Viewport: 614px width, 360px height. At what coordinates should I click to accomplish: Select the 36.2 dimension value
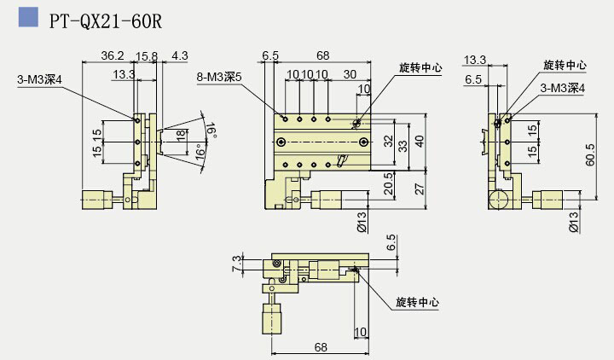point(113,55)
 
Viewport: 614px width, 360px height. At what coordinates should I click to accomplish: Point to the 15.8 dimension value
point(146,55)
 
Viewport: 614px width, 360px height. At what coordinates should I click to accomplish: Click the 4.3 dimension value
point(179,55)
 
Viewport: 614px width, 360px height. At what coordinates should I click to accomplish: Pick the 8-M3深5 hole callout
point(219,76)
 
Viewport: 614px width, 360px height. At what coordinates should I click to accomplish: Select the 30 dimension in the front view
point(350,74)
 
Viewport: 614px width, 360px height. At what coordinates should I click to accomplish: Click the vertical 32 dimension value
point(389,140)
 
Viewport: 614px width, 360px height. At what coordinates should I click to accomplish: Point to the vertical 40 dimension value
point(418,141)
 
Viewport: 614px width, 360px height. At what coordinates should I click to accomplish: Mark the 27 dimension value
point(418,189)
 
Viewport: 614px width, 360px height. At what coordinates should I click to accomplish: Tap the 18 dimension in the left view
point(180,135)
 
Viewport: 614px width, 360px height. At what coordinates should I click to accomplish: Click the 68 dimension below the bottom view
point(320,347)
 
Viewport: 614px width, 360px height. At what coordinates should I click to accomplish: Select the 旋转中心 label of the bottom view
point(418,301)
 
